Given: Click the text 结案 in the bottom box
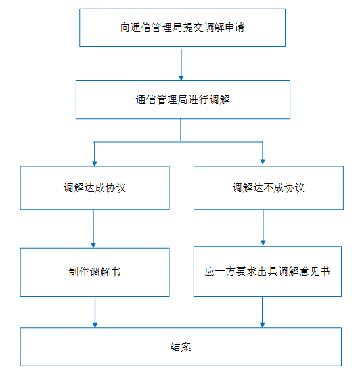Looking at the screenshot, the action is click(x=181, y=347).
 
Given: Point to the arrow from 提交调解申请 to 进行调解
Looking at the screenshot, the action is click(x=181, y=64).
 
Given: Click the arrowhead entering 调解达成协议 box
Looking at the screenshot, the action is click(x=95, y=164).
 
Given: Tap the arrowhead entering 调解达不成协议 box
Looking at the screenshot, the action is click(x=263, y=162).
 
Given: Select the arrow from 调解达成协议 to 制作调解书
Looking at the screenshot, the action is click(x=93, y=229).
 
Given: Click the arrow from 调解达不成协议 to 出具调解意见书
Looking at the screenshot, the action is click(x=263, y=228).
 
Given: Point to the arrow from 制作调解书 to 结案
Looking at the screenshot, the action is click(x=95, y=312).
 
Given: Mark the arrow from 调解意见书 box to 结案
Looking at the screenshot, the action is click(x=262, y=312).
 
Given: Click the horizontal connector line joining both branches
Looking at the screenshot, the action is click(x=179, y=142).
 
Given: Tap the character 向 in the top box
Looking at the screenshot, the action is click(x=125, y=27).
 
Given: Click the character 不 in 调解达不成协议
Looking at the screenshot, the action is click(x=269, y=188).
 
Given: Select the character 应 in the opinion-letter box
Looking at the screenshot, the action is click(x=210, y=271).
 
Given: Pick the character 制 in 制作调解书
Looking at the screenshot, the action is click(x=74, y=272).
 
